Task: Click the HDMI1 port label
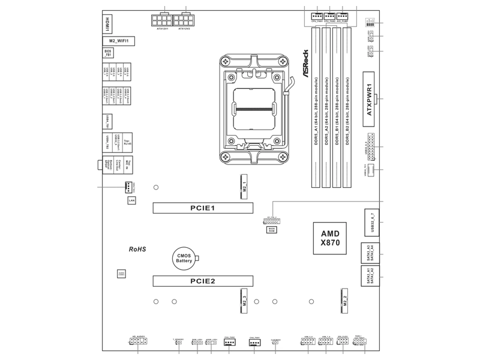point(107,23)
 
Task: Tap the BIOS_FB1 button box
point(107,54)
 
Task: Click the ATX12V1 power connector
point(162,19)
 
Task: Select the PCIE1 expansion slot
point(203,208)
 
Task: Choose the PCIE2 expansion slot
point(203,280)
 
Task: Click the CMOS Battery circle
point(184,259)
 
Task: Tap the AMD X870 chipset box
point(330,238)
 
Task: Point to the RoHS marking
point(137,248)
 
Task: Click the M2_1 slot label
point(244,187)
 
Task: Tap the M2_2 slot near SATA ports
point(346,300)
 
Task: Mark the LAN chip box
point(131,200)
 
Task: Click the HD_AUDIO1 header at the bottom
point(137,342)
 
